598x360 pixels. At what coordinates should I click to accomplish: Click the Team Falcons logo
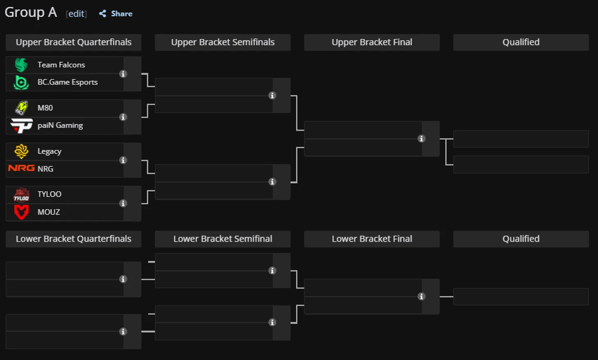[x=21, y=65]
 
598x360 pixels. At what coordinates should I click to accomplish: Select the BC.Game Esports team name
[x=68, y=82]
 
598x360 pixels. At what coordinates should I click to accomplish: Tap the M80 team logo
[x=21, y=108]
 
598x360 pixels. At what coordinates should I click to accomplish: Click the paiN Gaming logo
[x=21, y=125]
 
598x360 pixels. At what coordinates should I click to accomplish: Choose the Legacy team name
[x=50, y=151]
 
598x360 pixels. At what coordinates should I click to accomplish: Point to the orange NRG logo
[x=21, y=168]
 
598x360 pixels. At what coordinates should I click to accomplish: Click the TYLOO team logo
[x=21, y=195]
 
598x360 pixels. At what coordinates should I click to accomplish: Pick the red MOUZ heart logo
[x=21, y=212]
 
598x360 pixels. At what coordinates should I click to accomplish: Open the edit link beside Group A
[x=76, y=14]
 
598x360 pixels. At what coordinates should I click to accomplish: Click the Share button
[x=116, y=14]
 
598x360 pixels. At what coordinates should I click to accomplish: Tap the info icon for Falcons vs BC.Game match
[x=123, y=74]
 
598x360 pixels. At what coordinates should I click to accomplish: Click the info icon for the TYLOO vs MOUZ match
[x=123, y=204]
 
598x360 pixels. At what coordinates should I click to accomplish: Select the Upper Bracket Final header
[x=372, y=42]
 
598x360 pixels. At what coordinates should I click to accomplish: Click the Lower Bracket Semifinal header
[x=223, y=239]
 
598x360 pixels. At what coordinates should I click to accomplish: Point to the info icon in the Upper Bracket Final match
[x=421, y=138]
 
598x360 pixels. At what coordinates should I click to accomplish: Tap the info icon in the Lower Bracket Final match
[x=421, y=296]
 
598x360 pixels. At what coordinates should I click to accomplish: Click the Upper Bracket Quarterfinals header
[x=73, y=42]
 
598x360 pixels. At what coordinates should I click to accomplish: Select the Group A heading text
[x=31, y=13]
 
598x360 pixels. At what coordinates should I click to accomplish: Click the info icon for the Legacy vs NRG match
[x=123, y=160]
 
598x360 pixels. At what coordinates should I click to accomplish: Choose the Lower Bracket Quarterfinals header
[x=73, y=239]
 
